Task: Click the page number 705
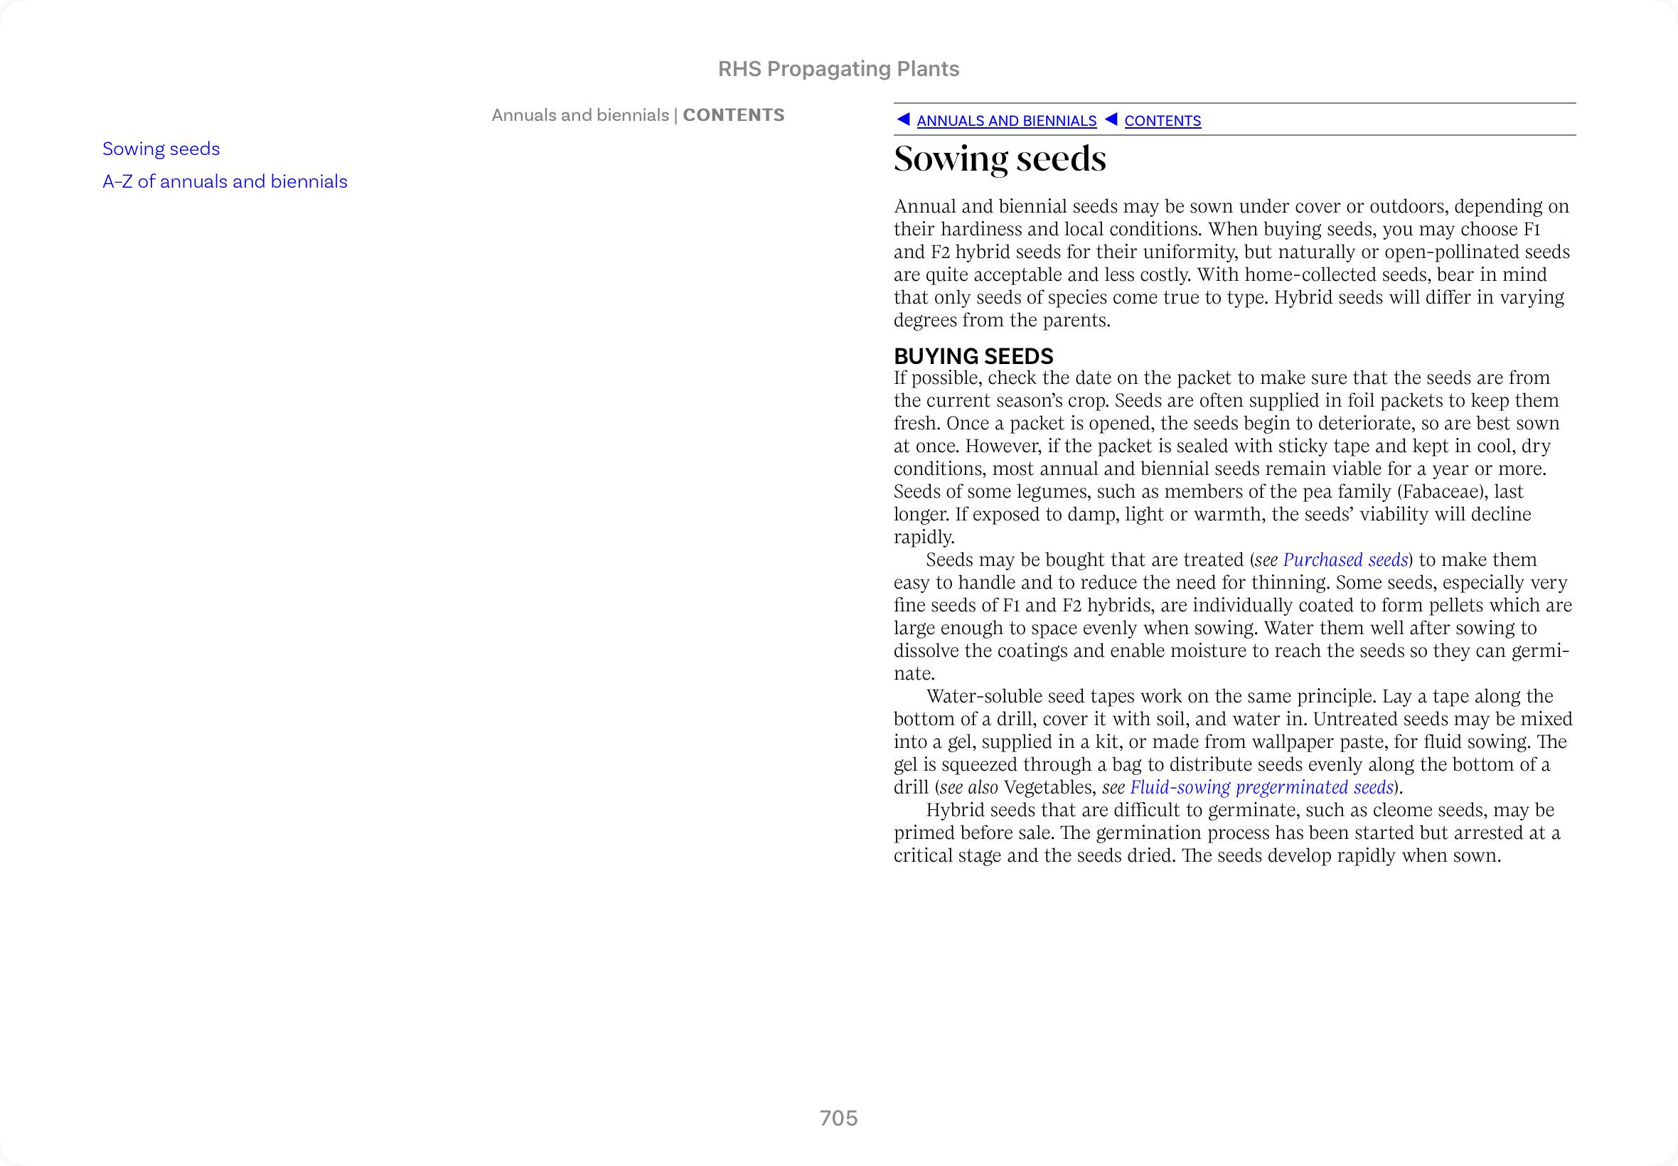tap(838, 1118)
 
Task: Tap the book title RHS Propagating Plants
tap(838, 69)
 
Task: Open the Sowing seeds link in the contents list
tap(161, 149)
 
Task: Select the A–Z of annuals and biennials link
tap(225, 182)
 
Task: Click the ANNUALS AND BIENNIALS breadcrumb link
tap(1006, 122)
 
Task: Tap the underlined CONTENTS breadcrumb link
tap(1163, 122)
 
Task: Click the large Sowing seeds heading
tap(1000, 159)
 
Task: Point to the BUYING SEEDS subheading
tap(973, 356)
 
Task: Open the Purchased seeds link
tap(1345, 560)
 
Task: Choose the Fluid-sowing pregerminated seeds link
tap(1261, 788)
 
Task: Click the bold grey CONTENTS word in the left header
tap(734, 115)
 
